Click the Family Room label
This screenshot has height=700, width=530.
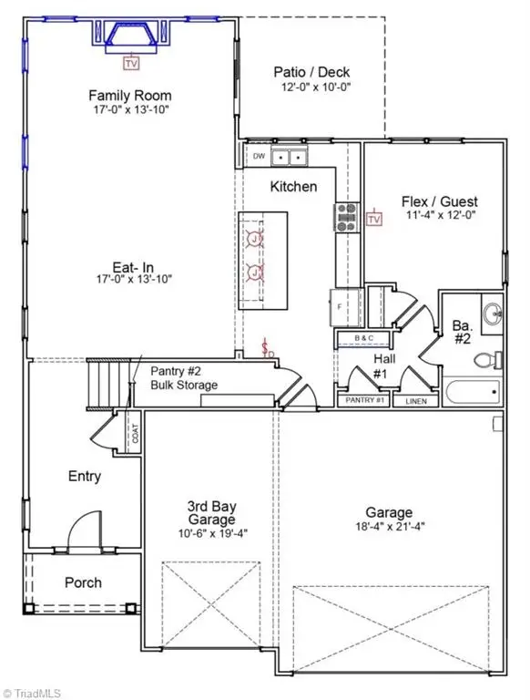click(x=129, y=96)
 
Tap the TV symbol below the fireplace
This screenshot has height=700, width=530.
click(x=131, y=64)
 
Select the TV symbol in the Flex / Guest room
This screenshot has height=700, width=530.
click(x=373, y=218)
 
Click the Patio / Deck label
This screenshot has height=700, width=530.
click(x=311, y=73)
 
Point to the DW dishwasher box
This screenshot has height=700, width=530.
click(x=259, y=157)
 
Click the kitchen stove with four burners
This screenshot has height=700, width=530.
click(x=347, y=215)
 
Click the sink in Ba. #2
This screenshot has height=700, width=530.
click(x=492, y=314)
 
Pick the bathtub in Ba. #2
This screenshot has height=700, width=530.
click(x=472, y=393)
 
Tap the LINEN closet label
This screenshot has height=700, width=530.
click(x=413, y=400)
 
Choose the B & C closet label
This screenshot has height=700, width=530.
click(x=364, y=339)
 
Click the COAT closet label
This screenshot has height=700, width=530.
click(x=135, y=435)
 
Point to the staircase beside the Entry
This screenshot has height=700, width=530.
click(x=106, y=375)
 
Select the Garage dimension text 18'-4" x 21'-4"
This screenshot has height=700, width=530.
click(x=390, y=526)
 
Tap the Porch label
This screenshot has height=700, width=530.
click(x=83, y=582)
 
